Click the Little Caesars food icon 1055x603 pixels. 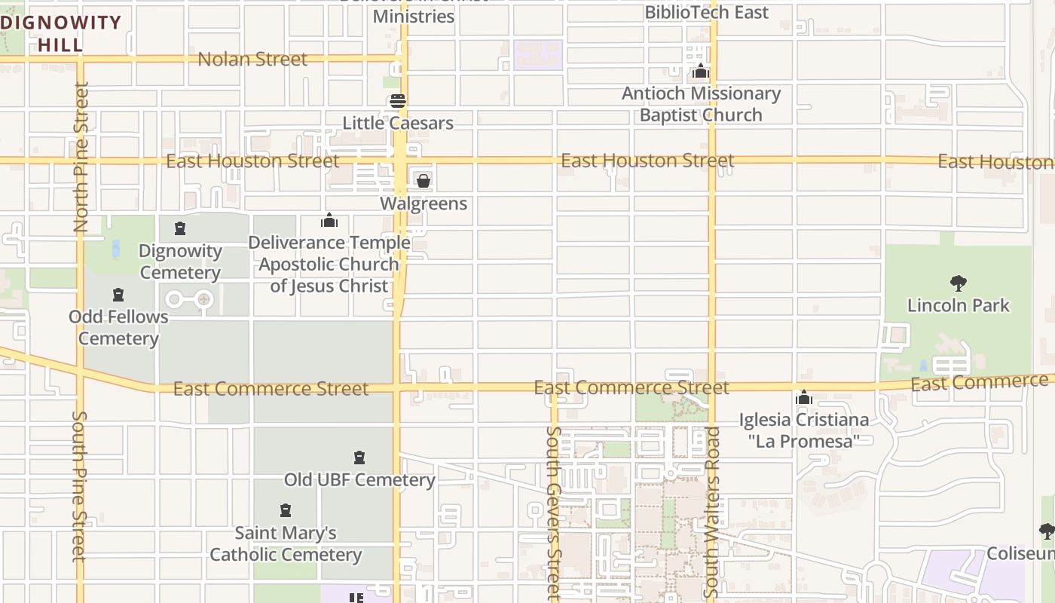tap(398, 101)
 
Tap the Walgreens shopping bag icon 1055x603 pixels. tap(424, 181)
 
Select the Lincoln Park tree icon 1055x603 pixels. tap(959, 283)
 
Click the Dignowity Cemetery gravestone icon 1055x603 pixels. tap(180, 228)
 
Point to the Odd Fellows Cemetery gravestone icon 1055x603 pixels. tap(118, 294)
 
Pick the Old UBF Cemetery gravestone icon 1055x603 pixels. tap(359, 458)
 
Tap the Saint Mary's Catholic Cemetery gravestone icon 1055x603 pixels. tap(286, 510)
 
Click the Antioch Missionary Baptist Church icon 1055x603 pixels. tap(701, 72)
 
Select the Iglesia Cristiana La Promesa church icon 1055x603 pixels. tap(804, 397)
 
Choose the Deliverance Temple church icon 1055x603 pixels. tap(329, 220)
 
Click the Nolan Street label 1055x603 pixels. tap(252, 59)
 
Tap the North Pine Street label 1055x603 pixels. tap(81, 157)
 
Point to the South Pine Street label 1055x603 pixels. tap(80, 486)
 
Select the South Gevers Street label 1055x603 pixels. tap(554, 513)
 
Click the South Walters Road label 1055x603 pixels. tap(712, 513)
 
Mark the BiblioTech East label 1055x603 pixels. tap(706, 12)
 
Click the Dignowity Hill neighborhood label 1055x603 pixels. tap(61, 33)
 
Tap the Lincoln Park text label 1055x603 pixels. tap(958, 305)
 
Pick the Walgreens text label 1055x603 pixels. tap(424, 204)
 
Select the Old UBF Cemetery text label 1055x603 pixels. tap(359, 479)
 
